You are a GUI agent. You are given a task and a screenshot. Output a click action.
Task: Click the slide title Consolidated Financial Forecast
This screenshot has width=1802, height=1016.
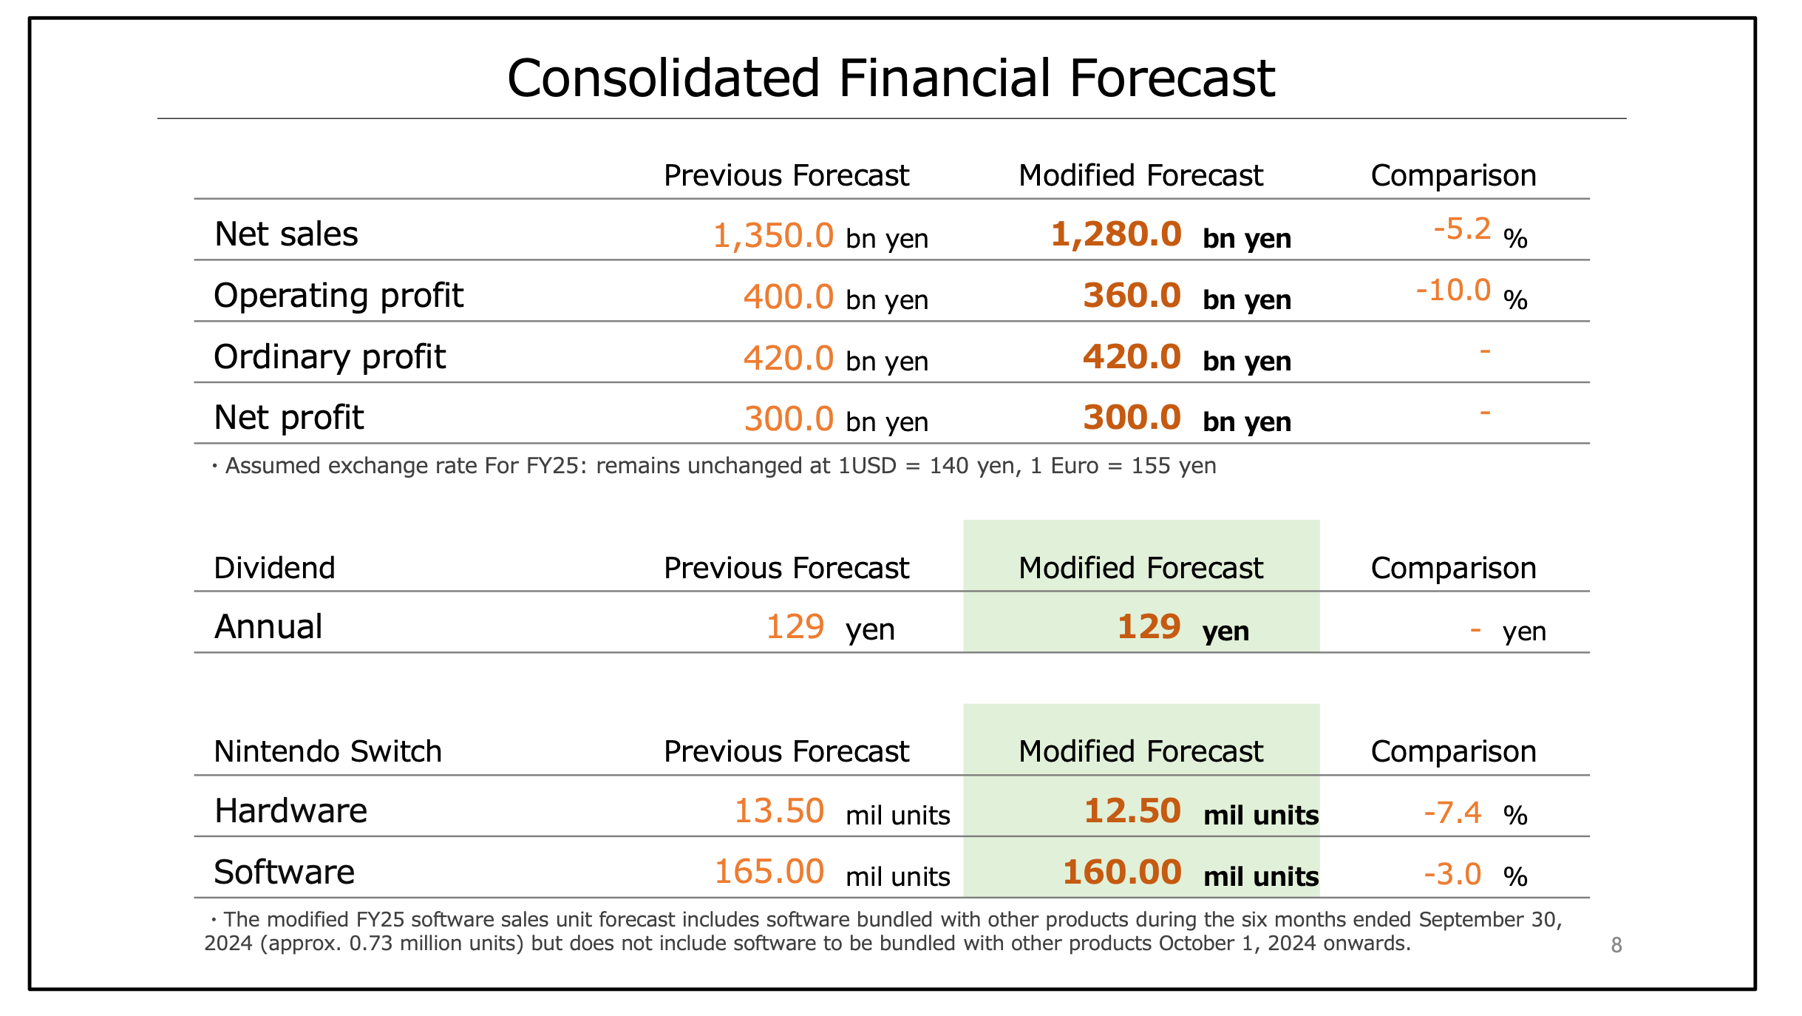click(891, 78)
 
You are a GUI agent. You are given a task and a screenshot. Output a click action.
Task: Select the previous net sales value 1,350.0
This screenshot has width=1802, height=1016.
click(773, 236)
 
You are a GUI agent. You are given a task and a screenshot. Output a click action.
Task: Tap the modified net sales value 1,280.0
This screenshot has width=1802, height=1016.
click(1116, 234)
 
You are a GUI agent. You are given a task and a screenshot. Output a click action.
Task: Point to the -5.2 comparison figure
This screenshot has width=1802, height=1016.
click(1462, 229)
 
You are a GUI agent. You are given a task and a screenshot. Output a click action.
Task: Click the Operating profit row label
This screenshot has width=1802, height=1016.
click(339, 296)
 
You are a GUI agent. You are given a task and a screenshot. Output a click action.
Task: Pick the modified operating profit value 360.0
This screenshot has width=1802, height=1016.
click(1132, 296)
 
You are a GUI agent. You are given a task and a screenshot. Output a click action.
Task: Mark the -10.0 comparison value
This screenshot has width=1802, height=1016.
click(1453, 291)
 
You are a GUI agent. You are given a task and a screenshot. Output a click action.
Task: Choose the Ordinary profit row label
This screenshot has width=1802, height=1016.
click(330, 357)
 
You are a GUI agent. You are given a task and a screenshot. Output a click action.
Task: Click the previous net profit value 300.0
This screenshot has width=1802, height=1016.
click(789, 419)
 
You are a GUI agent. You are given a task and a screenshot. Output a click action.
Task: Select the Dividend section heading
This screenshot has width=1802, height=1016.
click(274, 568)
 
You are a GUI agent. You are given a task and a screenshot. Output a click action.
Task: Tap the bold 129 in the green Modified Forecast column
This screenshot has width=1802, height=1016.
click(1149, 627)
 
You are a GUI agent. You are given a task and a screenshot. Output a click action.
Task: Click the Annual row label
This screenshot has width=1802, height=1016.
click(268, 627)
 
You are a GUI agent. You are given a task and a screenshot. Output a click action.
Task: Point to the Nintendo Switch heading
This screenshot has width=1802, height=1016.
click(327, 751)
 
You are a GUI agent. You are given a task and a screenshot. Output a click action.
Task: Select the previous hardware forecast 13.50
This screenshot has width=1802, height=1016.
click(779, 811)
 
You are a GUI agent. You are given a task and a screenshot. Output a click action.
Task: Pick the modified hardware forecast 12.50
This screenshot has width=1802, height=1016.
click(1132, 811)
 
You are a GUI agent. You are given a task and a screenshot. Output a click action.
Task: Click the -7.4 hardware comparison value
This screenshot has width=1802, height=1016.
click(1452, 813)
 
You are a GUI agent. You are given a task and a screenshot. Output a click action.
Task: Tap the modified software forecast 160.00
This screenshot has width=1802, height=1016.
click(1122, 873)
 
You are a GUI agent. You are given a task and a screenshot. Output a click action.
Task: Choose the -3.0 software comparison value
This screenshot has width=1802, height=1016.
click(1452, 875)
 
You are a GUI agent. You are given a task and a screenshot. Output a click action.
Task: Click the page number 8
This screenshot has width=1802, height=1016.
click(1616, 945)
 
